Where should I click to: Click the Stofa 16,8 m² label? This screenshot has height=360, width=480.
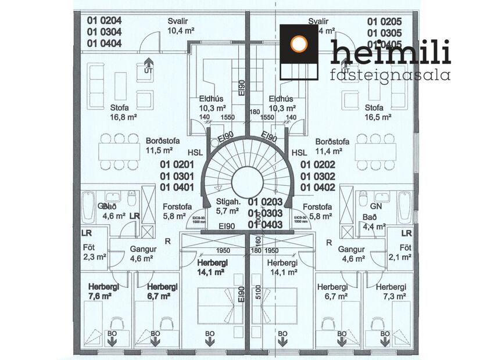pos(123,112)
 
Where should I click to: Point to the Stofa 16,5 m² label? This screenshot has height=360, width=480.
pos(378,112)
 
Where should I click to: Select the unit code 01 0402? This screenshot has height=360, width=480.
pos(317,187)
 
